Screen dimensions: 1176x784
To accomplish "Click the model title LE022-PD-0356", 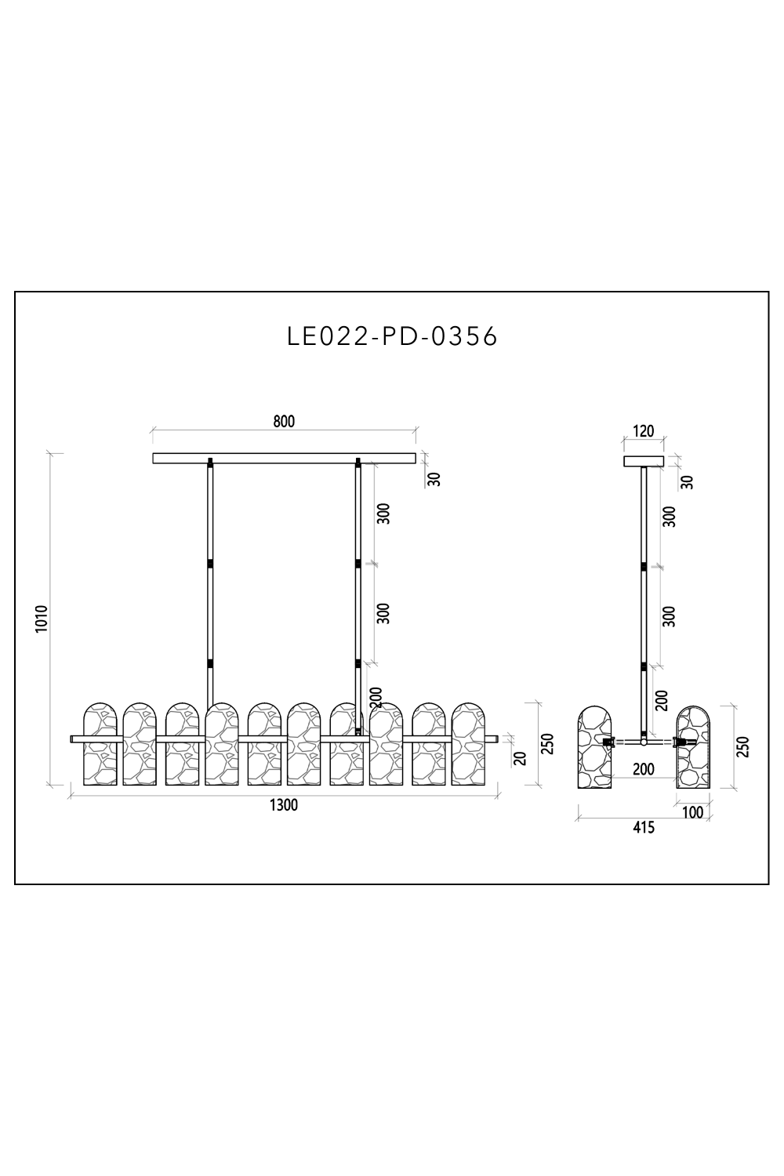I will [x=392, y=336].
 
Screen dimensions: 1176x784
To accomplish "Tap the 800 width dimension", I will [x=284, y=422].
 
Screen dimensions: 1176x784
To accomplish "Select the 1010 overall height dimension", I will [x=42, y=619].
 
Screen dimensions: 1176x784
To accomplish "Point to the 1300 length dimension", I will [x=284, y=805].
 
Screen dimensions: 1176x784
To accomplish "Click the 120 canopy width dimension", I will [x=643, y=432].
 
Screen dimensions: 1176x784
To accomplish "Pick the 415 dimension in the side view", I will [x=643, y=827].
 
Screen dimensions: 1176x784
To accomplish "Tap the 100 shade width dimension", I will [x=692, y=812].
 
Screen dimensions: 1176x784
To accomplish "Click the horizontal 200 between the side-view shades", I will [x=643, y=770].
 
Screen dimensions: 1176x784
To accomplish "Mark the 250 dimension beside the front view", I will [x=548, y=743].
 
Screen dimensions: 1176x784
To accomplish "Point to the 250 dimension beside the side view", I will [x=744, y=746].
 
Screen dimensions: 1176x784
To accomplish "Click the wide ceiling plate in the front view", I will [x=284, y=458].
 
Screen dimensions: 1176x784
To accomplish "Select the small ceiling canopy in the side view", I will [x=643, y=461].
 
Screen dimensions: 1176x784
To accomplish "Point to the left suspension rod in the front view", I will [x=210, y=580].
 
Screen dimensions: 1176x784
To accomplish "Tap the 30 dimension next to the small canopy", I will [x=688, y=481].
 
